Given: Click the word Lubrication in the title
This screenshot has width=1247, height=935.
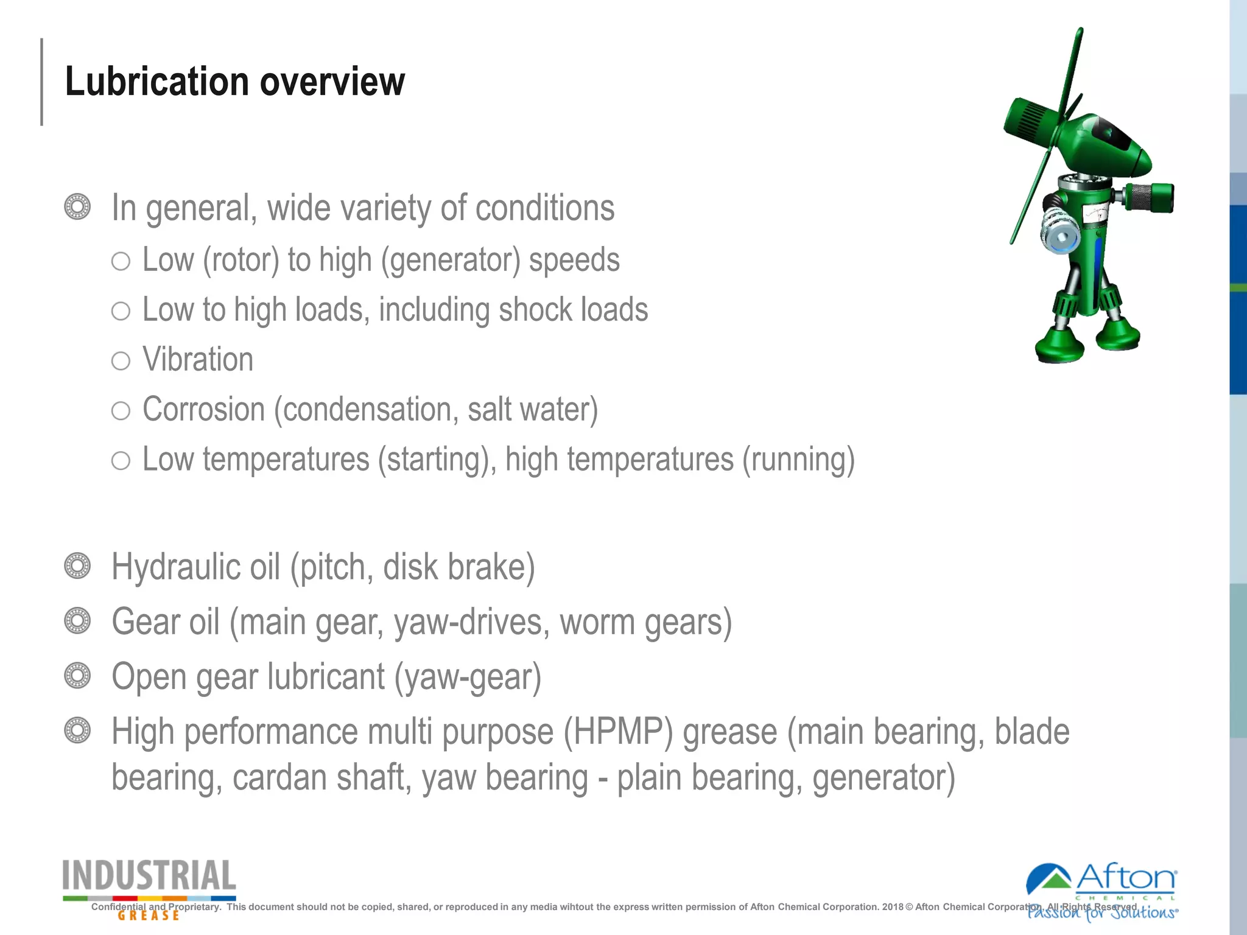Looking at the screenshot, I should [x=156, y=82].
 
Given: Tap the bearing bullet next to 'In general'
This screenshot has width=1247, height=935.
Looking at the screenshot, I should [x=77, y=207].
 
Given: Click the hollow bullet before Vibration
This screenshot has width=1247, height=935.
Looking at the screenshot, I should [x=121, y=361].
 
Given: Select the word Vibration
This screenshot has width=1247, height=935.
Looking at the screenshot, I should [x=198, y=360].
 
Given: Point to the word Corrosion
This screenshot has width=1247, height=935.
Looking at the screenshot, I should [x=203, y=410].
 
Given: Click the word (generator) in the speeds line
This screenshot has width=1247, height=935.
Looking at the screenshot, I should [x=451, y=261].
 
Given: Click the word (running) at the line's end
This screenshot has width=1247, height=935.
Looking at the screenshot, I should [x=798, y=460].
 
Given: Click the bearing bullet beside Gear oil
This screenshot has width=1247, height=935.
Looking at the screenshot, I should [x=77, y=621].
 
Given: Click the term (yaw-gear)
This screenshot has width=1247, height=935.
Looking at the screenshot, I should [x=468, y=678].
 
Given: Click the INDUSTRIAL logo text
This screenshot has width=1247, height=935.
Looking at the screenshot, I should [x=149, y=877].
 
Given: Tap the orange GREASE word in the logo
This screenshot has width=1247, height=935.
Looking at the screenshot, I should [x=149, y=915].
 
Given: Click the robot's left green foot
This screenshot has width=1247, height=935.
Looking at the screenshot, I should [x=1059, y=347].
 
